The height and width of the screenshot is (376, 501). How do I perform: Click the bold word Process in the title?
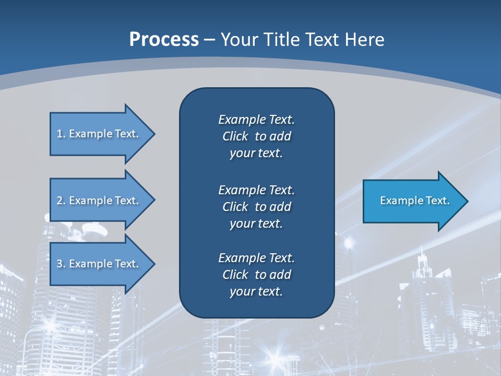click(x=164, y=40)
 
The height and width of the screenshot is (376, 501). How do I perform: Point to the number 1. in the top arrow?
click(x=61, y=134)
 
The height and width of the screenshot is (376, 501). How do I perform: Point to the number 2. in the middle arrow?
click(x=61, y=201)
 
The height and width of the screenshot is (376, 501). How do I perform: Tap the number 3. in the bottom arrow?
click(x=61, y=264)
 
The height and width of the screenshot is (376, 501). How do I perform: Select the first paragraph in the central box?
click(x=256, y=136)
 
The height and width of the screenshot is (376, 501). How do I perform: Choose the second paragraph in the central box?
click(x=256, y=206)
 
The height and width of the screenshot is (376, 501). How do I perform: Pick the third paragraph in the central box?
click(x=256, y=275)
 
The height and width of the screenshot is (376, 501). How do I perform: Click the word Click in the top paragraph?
click(x=235, y=136)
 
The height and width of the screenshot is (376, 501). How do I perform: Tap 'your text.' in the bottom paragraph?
click(x=256, y=291)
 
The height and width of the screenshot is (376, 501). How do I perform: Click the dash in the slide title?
click(x=210, y=40)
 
